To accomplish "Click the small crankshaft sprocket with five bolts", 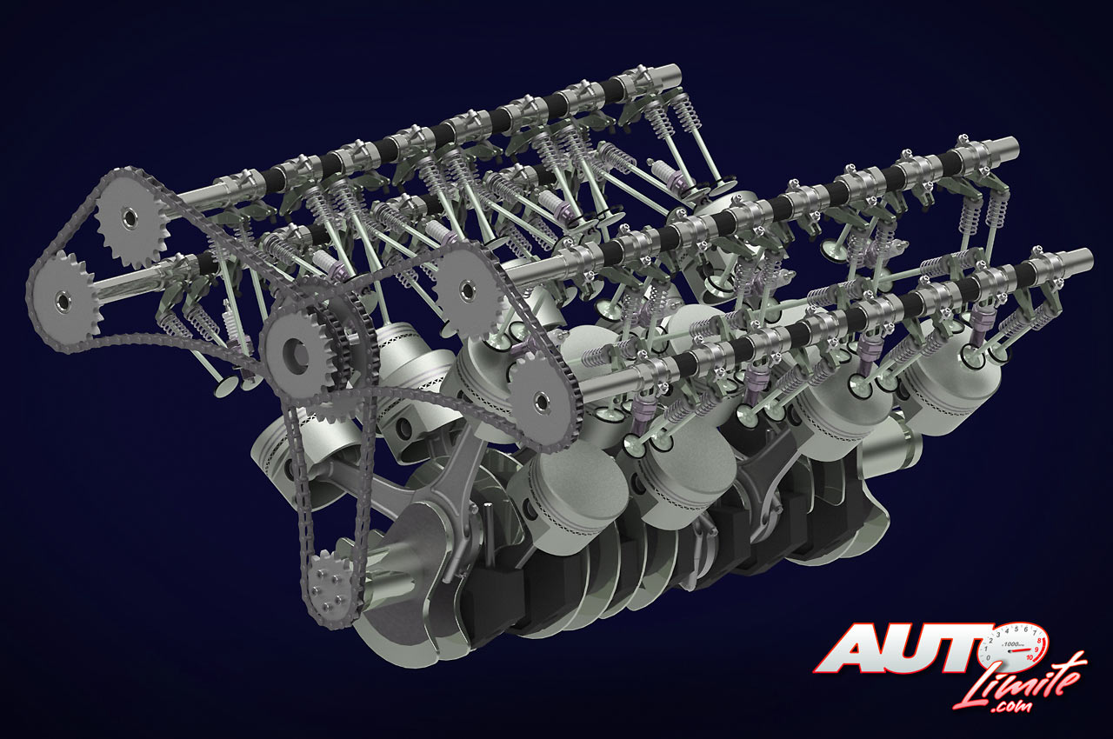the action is [328, 589].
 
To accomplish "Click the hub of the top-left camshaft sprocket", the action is [130, 218].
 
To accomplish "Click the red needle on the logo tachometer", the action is [1016, 649].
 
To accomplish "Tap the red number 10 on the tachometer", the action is [1029, 657].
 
